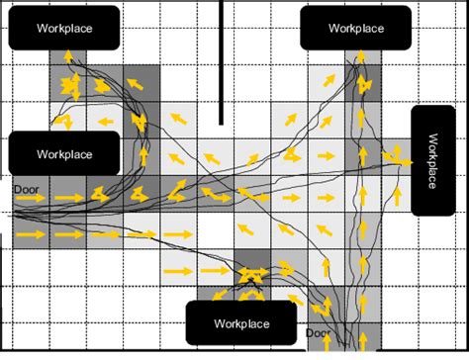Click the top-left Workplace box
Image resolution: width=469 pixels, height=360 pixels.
[x=64, y=28]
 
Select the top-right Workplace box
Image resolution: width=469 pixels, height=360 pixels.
[x=356, y=28]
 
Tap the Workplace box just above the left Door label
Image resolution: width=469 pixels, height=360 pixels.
[x=64, y=154]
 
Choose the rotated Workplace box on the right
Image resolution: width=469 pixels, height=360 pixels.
[x=432, y=160]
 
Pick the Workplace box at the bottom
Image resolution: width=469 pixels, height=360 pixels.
[x=241, y=323]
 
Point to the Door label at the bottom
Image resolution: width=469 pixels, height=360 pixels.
[x=318, y=334]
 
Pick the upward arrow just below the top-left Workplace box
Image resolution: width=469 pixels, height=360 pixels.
[x=67, y=57]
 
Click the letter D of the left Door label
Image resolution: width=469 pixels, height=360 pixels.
[x=17, y=186]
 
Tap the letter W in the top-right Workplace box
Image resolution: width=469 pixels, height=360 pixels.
[x=331, y=29]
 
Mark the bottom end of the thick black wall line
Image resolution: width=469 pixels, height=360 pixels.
[x=221, y=123]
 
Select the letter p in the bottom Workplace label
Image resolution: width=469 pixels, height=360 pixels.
[x=245, y=324]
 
